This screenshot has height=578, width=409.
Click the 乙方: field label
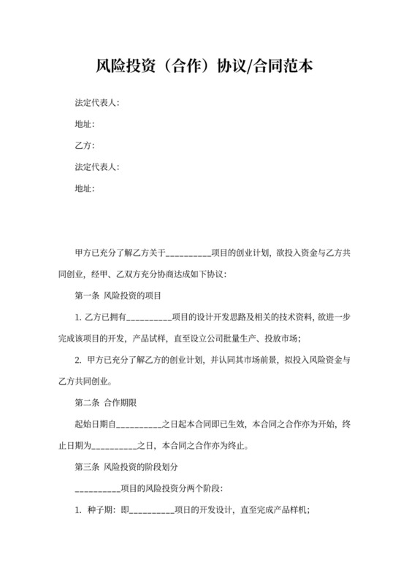(85, 145)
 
